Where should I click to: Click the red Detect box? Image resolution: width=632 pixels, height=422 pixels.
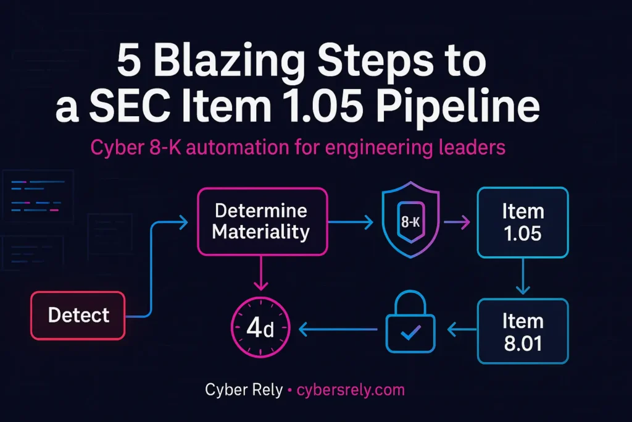[78, 316]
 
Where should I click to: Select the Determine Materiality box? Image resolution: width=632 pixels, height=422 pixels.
[261, 221]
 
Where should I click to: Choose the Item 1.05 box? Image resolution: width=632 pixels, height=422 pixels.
[522, 222]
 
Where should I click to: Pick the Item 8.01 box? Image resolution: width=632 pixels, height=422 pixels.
[522, 332]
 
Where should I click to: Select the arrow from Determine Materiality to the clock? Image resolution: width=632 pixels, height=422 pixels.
[261, 272]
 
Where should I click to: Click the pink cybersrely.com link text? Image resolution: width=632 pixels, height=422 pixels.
[351, 390]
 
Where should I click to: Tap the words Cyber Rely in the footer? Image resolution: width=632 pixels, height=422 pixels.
[243, 390]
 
